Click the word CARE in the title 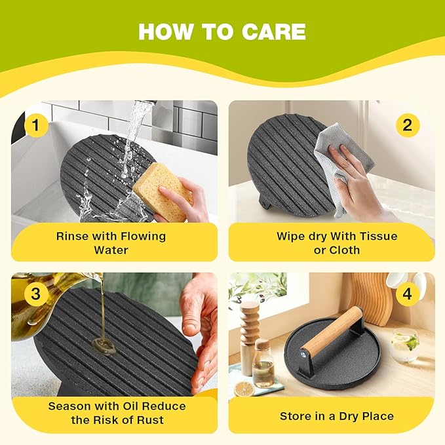pos(273,31)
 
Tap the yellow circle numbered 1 pos(36,125)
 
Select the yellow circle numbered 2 pos(408,125)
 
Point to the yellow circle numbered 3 pos(36,294)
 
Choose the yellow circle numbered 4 pos(407,294)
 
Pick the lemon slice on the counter pos(244,389)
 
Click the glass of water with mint pos(405,345)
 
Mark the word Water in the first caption pos(111,250)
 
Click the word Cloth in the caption pos(345,250)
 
